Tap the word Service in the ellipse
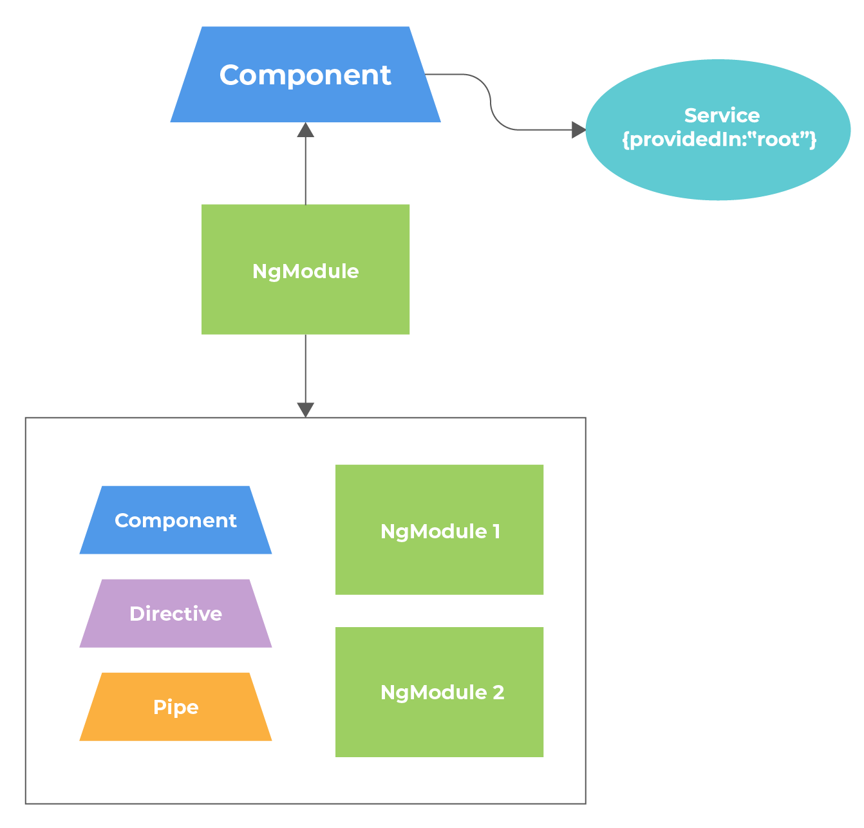click(x=722, y=115)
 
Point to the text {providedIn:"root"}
click(x=719, y=139)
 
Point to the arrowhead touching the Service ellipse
click(x=578, y=130)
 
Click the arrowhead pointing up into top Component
click(x=305, y=130)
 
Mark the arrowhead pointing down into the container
click(x=305, y=409)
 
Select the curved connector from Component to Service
click(x=491, y=103)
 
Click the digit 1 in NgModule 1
click(x=496, y=531)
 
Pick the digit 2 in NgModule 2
click(x=498, y=692)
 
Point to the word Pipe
click(x=176, y=707)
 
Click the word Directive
click(x=176, y=614)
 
